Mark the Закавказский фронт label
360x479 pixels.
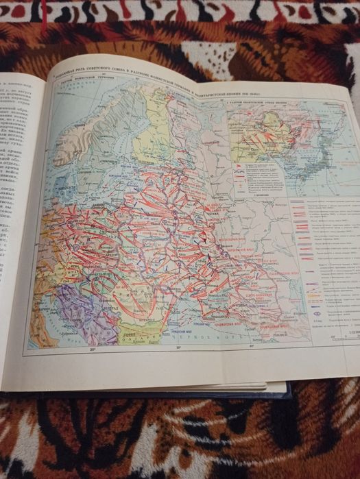coord(271,328)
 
